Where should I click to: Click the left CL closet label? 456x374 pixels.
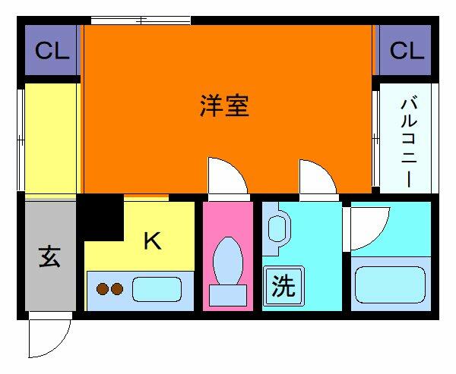(x=52, y=52)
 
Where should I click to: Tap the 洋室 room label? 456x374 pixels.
(x=224, y=106)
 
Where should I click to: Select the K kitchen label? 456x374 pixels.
(x=152, y=241)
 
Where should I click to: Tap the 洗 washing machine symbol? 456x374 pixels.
(x=283, y=286)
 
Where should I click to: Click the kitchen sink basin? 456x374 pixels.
(x=157, y=289)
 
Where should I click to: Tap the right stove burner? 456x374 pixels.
(x=118, y=289)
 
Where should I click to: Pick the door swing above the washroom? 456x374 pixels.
(x=318, y=179)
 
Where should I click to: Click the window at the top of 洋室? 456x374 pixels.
(x=141, y=20)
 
